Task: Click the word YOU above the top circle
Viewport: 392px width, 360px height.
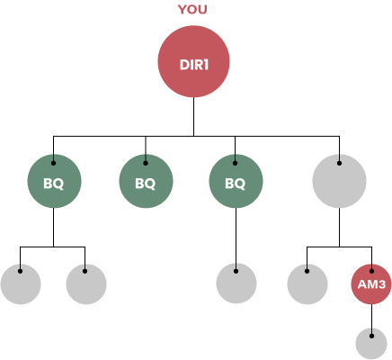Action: [192, 10]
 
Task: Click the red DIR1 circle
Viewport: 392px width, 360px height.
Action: [193, 61]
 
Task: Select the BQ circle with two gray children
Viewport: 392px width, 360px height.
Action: [54, 181]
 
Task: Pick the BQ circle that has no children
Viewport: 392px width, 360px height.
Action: [146, 181]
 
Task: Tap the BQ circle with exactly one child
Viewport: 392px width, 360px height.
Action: [236, 181]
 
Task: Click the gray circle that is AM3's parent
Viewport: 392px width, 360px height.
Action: [339, 181]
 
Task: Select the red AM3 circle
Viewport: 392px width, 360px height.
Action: [371, 284]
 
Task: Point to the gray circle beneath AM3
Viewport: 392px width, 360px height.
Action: [371, 344]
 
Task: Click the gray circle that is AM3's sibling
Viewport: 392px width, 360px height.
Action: [307, 284]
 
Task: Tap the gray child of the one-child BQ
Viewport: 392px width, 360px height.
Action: [236, 283]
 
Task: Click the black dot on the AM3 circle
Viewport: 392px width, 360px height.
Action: [371, 271]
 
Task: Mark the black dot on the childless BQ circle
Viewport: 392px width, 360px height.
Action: [146, 163]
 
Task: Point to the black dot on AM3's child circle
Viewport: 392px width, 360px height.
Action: [371, 336]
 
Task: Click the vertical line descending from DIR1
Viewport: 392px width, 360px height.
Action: [193, 117]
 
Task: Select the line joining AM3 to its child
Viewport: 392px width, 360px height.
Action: [371, 319]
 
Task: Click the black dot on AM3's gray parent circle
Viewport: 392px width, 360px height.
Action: [339, 163]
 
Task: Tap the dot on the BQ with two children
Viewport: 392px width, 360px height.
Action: [53, 163]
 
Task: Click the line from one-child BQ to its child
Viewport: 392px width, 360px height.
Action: [236, 238]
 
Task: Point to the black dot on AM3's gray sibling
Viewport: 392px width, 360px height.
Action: [307, 271]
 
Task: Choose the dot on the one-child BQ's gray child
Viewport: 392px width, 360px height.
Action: [236, 271]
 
